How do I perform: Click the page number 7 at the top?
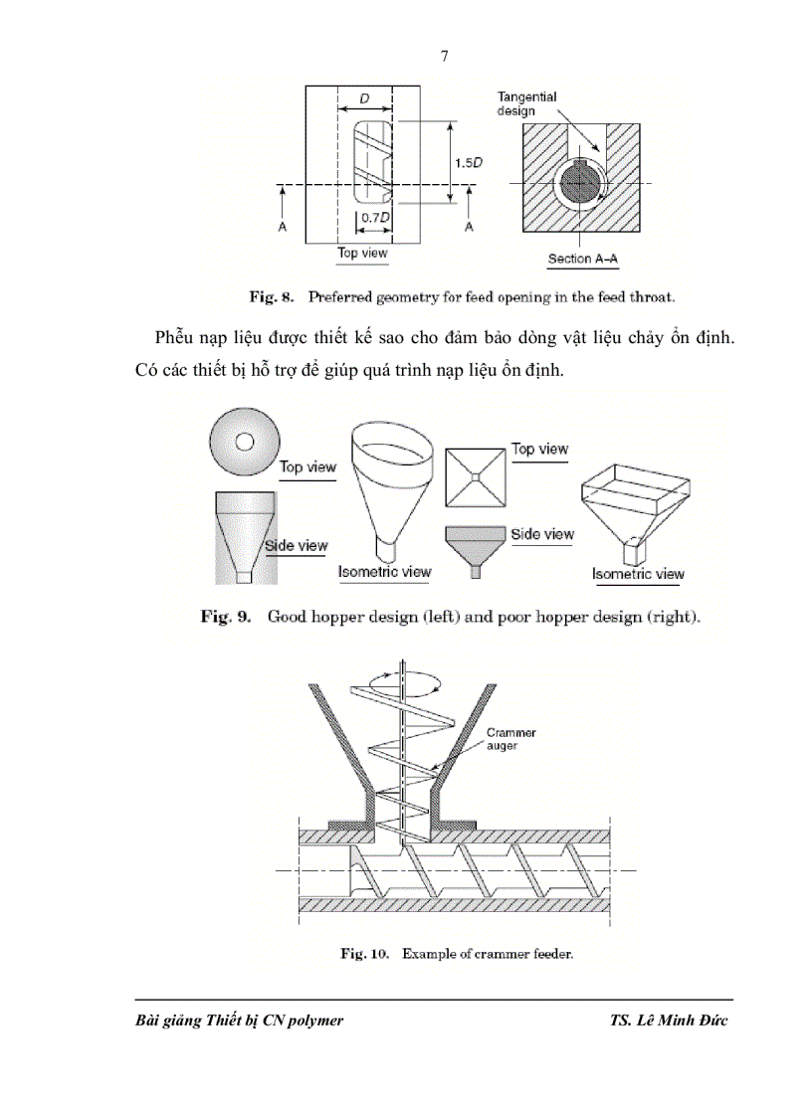click(445, 56)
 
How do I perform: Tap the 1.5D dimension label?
click(470, 163)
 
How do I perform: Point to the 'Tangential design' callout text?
click(526, 103)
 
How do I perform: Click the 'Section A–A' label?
click(583, 260)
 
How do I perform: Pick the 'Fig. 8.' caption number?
click(268, 295)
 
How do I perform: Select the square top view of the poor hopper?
click(478, 477)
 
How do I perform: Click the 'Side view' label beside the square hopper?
click(542, 534)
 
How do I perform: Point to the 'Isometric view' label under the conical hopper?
click(385, 571)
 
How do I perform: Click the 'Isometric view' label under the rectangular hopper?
click(638, 574)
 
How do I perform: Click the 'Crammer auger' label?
click(509, 739)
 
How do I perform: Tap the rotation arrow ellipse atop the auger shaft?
click(403, 680)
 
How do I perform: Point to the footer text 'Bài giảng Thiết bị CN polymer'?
click(239, 1022)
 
